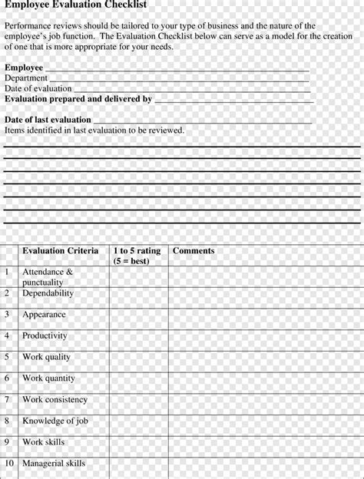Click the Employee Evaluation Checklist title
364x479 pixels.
(75, 5)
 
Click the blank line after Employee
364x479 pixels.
(177, 68)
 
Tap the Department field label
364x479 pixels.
(26, 78)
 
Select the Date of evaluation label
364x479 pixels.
(38, 89)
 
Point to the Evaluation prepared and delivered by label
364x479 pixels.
(78, 100)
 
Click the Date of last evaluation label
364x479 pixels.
(48, 121)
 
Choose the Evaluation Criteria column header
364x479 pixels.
(60, 251)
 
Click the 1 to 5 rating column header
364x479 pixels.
(137, 256)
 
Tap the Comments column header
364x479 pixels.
(194, 251)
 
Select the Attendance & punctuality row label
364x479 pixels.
(48, 277)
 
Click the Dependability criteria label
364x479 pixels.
(48, 293)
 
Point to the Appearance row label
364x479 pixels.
(44, 315)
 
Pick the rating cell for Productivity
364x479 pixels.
(139, 336)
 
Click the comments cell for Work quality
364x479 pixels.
(266, 358)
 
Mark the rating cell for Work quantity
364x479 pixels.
(139, 378)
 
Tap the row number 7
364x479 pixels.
(7, 400)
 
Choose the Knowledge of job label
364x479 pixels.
(55, 421)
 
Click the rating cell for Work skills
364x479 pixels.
(139, 443)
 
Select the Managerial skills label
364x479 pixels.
(54, 464)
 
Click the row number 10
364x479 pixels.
(9, 464)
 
